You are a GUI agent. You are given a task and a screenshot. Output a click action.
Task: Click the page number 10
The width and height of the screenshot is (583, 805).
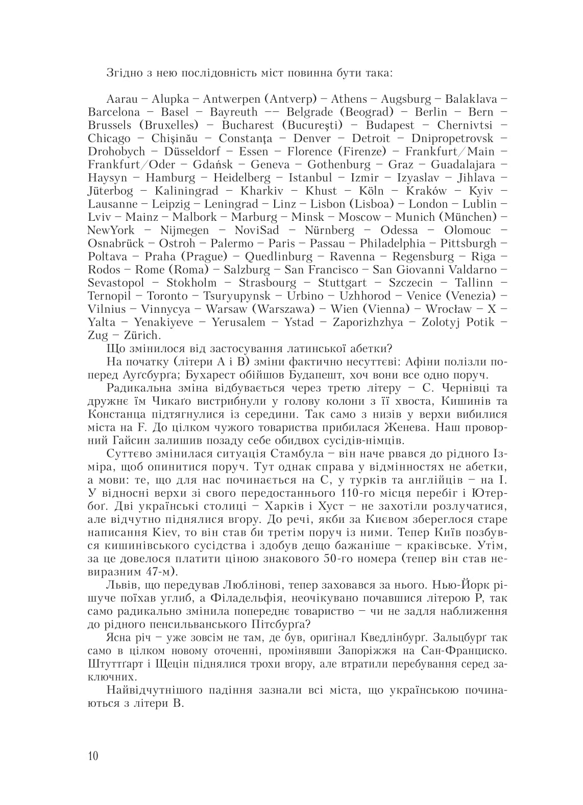pos(92,756)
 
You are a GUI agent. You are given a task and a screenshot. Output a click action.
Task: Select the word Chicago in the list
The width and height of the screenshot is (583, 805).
pos(109,139)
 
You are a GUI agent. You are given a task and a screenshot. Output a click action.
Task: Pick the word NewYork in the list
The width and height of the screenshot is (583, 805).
pos(111,231)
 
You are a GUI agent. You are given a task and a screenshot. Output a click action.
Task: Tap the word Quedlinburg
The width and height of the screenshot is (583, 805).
pos(278,257)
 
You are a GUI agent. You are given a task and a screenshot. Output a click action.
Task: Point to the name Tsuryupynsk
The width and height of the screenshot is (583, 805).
pos(239,296)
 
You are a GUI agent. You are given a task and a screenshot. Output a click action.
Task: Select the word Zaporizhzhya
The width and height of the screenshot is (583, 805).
pos(368,323)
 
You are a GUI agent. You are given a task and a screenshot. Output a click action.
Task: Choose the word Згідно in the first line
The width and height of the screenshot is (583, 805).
pos(123,72)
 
